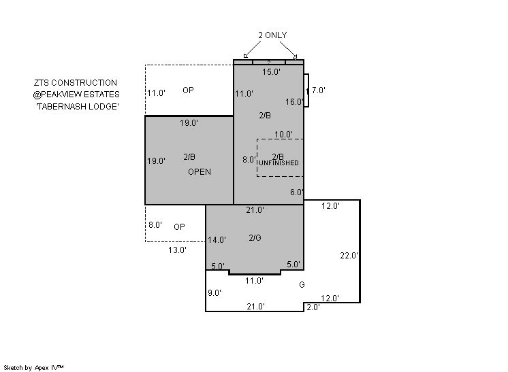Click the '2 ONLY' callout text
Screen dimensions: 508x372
click(x=272, y=35)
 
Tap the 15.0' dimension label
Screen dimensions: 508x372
click(x=271, y=72)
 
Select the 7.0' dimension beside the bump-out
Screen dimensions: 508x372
click(x=319, y=90)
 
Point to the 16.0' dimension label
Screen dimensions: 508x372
click(x=294, y=102)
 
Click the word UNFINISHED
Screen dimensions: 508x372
click(x=279, y=163)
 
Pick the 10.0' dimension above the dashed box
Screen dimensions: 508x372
click(x=283, y=134)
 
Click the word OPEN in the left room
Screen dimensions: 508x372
click(x=200, y=172)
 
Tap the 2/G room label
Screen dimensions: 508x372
click(x=255, y=238)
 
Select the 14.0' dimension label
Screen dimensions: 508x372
click(x=217, y=240)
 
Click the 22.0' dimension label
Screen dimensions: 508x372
click(x=349, y=256)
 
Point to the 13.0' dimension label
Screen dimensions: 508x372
click(x=177, y=250)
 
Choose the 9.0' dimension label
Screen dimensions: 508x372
click(x=215, y=293)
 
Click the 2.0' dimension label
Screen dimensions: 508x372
click(x=313, y=307)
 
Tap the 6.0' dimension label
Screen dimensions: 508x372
click(x=297, y=192)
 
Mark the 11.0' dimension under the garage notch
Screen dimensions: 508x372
click(x=254, y=281)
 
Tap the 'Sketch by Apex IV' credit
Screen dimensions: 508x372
click(x=33, y=368)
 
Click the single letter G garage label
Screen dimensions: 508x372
click(x=302, y=285)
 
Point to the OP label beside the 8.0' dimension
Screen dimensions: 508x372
click(x=179, y=227)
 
